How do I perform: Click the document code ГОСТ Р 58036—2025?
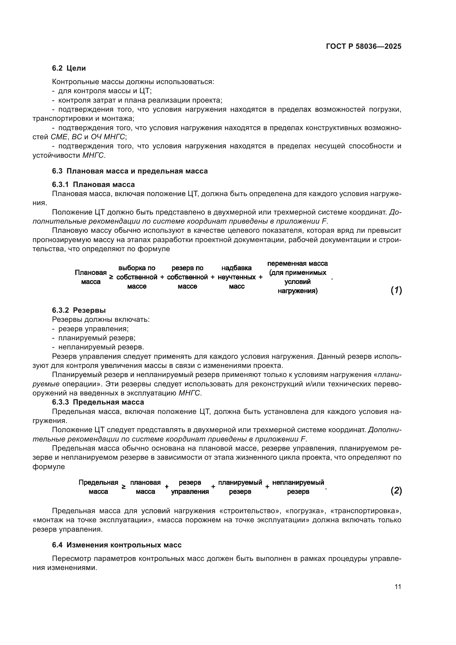point(364,47)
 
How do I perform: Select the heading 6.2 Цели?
point(69,68)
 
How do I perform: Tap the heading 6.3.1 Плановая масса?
point(93,184)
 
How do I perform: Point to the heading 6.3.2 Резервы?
point(79,310)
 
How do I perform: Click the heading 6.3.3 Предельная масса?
point(98,402)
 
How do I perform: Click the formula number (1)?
point(396,290)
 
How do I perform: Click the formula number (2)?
point(396,491)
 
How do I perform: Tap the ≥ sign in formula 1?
point(111,277)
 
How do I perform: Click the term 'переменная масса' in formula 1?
point(297,264)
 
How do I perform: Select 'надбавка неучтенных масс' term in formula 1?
point(237,277)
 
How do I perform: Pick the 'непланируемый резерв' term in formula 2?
point(298,487)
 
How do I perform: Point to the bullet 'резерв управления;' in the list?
point(93,329)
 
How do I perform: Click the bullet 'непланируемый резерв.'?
point(101,347)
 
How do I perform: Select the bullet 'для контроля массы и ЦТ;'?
point(105,91)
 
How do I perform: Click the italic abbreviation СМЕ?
point(59,137)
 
